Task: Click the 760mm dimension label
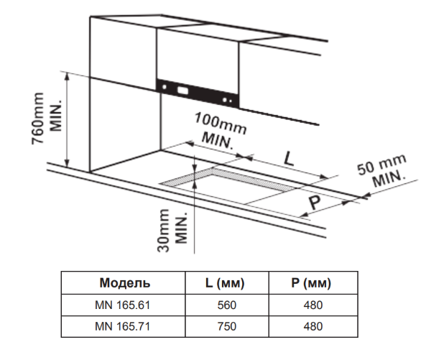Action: tap(37, 119)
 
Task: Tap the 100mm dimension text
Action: tap(221, 124)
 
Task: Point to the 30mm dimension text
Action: tap(163, 231)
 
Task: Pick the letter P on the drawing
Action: tap(315, 202)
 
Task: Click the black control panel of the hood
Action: tap(197, 93)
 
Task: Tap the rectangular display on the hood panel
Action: tap(182, 91)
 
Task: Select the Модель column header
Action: tap(125, 283)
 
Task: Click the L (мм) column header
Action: tap(225, 283)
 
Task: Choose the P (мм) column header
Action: tap(311, 283)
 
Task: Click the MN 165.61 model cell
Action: tap(122, 305)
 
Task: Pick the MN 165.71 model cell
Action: tap(122, 326)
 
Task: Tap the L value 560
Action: tap(227, 305)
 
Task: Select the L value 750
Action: tap(227, 326)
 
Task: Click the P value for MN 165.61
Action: tap(313, 305)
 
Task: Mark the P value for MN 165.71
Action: tap(313, 326)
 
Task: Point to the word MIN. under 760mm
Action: tap(55, 116)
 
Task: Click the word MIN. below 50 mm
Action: tap(389, 178)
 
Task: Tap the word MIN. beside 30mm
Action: tap(181, 228)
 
